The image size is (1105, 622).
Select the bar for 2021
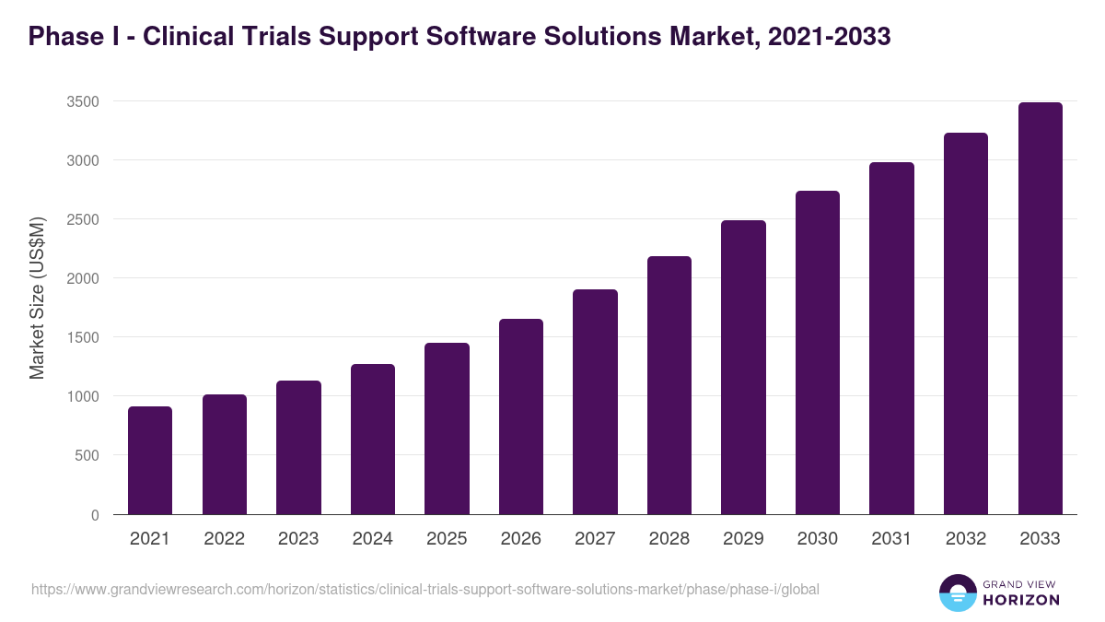[150, 461]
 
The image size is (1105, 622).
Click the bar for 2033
[1040, 309]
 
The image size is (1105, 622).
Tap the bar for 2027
[595, 402]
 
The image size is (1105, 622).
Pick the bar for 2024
[373, 440]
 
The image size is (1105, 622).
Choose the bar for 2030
[818, 353]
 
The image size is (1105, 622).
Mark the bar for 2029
[743, 368]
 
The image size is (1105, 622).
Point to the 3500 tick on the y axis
[82, 101]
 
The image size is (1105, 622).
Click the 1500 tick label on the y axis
[82, 337]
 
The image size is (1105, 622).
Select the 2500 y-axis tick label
[82, 219]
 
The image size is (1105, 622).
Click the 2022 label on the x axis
[224, 539]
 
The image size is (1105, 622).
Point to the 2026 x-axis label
[520, 539]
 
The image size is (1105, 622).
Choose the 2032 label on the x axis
[965, 539]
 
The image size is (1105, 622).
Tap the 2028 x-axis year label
[669, 539]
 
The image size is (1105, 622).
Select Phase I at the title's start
[70, 37]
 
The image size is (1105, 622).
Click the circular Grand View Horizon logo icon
[957, 593]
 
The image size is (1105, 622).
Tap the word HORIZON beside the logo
[1020, 600]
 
